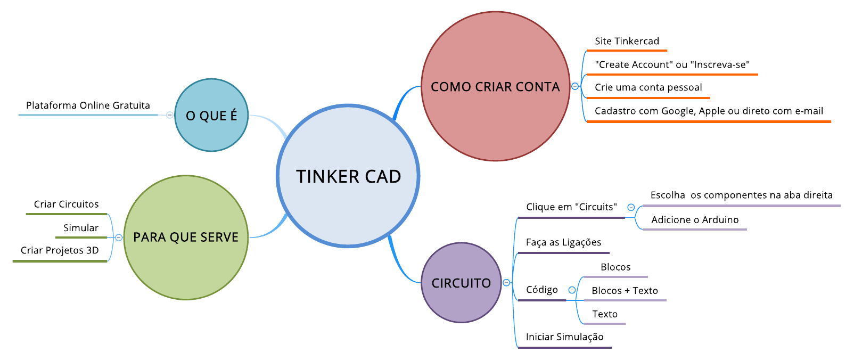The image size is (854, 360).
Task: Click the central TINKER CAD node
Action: [x=348, y=176]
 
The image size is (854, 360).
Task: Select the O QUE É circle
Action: [x=211, y=115]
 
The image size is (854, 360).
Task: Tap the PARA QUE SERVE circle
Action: [x=186, y=237]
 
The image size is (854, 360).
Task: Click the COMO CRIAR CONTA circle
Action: [x=495, y=86]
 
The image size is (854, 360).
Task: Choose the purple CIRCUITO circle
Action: [x=461, y=283]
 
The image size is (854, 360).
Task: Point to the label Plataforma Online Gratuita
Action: [x=88, y=105]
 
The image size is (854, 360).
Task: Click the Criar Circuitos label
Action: [x=67, y=204]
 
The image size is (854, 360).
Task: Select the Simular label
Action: [x=81, y=228]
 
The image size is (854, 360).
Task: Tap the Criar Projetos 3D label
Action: [x=60, y=250]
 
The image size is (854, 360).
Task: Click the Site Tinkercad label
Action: [x=627, y=42]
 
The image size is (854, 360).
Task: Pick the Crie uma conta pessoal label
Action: [x=648, y=87]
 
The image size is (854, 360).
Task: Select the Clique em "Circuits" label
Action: [x=571, y=207]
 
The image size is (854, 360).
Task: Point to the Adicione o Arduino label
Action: [x=695, y=220]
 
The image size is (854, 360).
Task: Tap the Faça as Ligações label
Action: [x=563, y=242]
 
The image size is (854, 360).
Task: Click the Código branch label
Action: [x=542, y=290]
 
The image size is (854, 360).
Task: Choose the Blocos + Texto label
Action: [x=625, y=291]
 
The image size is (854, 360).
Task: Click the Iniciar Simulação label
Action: [x=564, y=337]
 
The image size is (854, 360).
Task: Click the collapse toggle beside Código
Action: [x=572, y=290]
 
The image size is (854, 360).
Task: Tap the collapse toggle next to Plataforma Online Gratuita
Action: [x=169, y=115]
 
